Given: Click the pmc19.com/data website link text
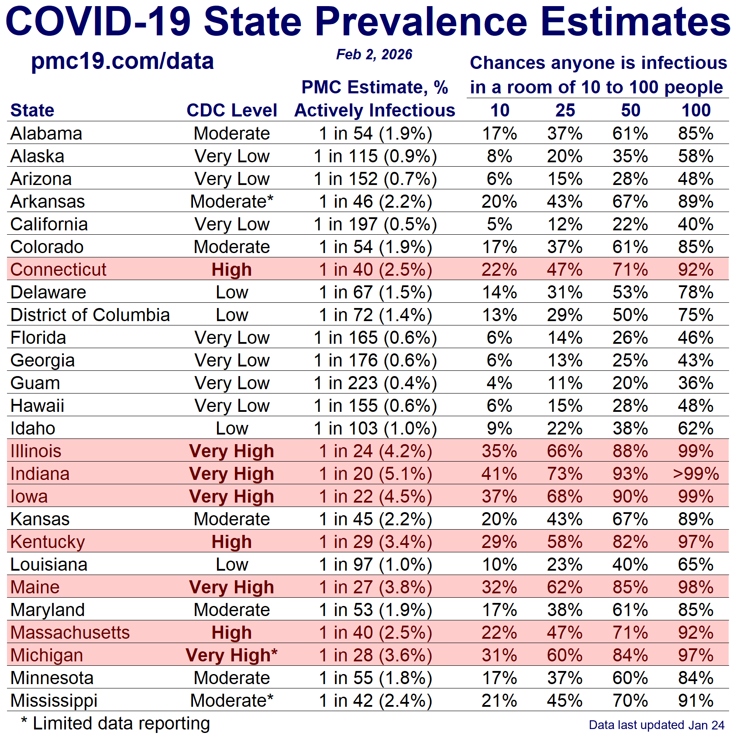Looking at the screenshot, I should point(122,61).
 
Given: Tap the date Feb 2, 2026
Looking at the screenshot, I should point(374,55).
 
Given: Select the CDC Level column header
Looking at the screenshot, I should point(231,110).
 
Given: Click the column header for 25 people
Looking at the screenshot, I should point(565,110).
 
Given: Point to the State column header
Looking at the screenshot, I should point(32,110).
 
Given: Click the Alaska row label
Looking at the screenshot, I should point(38,156).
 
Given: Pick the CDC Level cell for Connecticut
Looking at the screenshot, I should point(231,270).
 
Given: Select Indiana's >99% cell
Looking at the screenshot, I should point(695,474).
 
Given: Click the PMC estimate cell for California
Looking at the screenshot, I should point(375,224).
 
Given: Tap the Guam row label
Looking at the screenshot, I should point(35,383).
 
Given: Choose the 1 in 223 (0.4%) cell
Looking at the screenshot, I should point(375,383).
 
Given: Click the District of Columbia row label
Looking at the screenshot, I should point(90,315).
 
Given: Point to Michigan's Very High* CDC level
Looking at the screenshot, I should point(231,655).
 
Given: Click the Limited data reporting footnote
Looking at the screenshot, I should point(116,723).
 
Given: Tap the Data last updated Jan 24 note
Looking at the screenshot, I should point(656,725).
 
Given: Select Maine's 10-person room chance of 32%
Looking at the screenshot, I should point(499,587).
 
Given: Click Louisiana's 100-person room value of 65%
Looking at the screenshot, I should point(695,565).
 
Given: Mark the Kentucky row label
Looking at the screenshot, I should point(48,542).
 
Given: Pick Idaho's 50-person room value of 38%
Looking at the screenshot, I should point(630,428).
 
